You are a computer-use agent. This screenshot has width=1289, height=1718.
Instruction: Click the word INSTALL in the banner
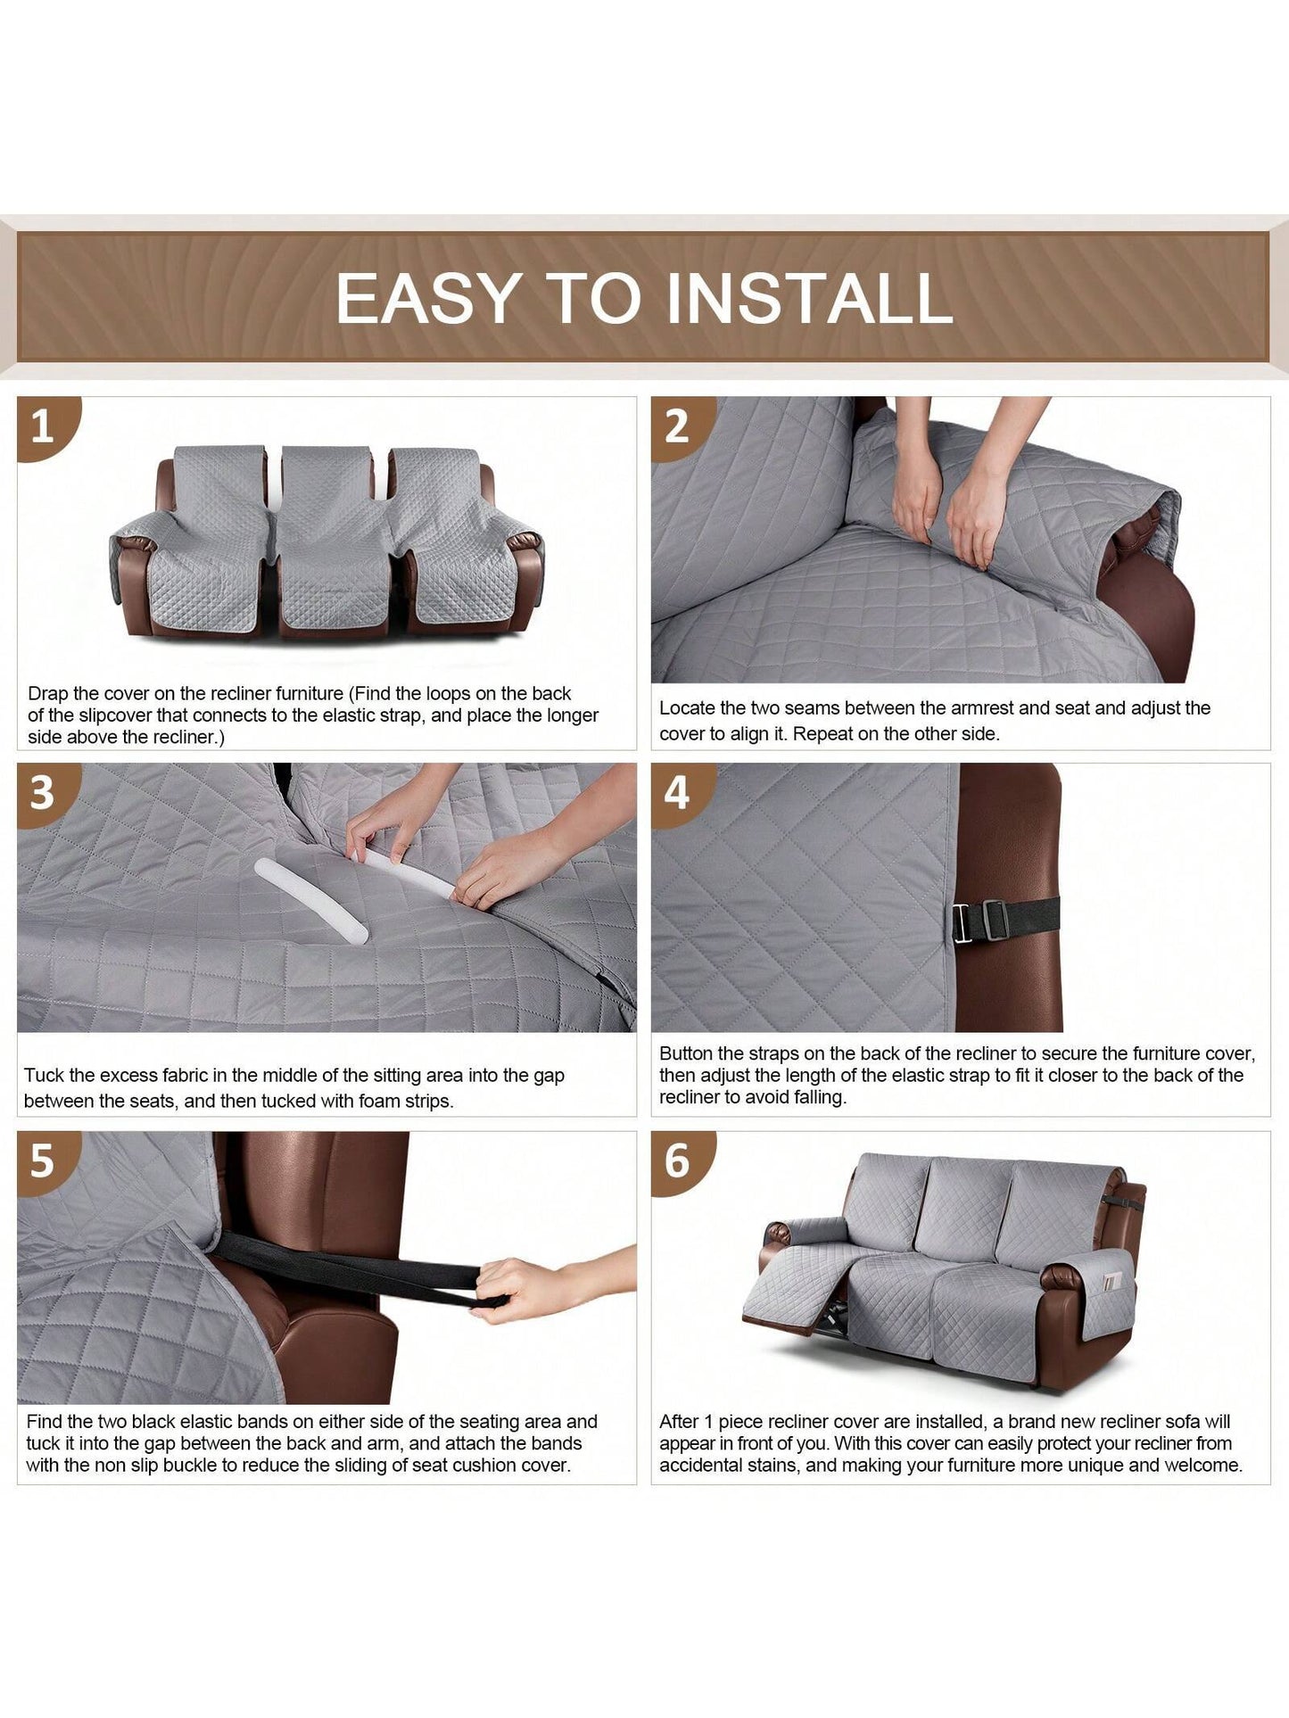(x=810, y=298)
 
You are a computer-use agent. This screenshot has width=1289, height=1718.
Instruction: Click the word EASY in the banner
(x=429, y=298)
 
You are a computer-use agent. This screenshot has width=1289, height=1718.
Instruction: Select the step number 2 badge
(x=681, y=427)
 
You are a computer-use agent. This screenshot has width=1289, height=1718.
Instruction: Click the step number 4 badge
(x=681, y=794)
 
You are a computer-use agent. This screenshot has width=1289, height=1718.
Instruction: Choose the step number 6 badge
(x=681, y=1161)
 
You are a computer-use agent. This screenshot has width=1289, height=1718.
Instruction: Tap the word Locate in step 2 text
(x=689, y=708)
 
